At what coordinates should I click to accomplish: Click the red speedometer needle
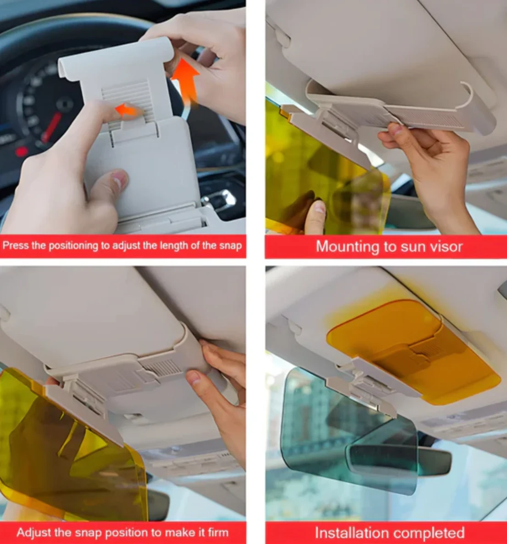tap(51, 127)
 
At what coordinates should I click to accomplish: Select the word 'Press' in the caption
tap(15, 245)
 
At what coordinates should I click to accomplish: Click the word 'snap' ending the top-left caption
tap(230, 245)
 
